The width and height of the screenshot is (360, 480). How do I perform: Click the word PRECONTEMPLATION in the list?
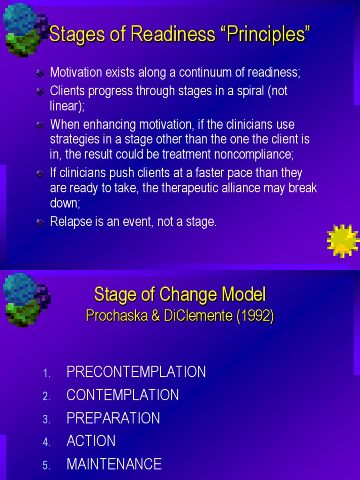click(136, 372)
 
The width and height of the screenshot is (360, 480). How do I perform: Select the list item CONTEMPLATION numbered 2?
click(122, 395)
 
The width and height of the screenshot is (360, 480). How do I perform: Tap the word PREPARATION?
click(113, 418)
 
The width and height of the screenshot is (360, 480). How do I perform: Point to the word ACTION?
click(91, 441)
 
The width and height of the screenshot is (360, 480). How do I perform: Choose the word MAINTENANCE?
click(114, 464)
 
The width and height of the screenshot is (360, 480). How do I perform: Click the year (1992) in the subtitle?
click(255, 316)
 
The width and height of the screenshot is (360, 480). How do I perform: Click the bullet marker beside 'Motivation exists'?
click(41, 73)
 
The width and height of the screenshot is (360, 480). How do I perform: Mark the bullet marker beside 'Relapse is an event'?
click(41, 222)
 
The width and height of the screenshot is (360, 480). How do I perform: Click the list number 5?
click(46, 465)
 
